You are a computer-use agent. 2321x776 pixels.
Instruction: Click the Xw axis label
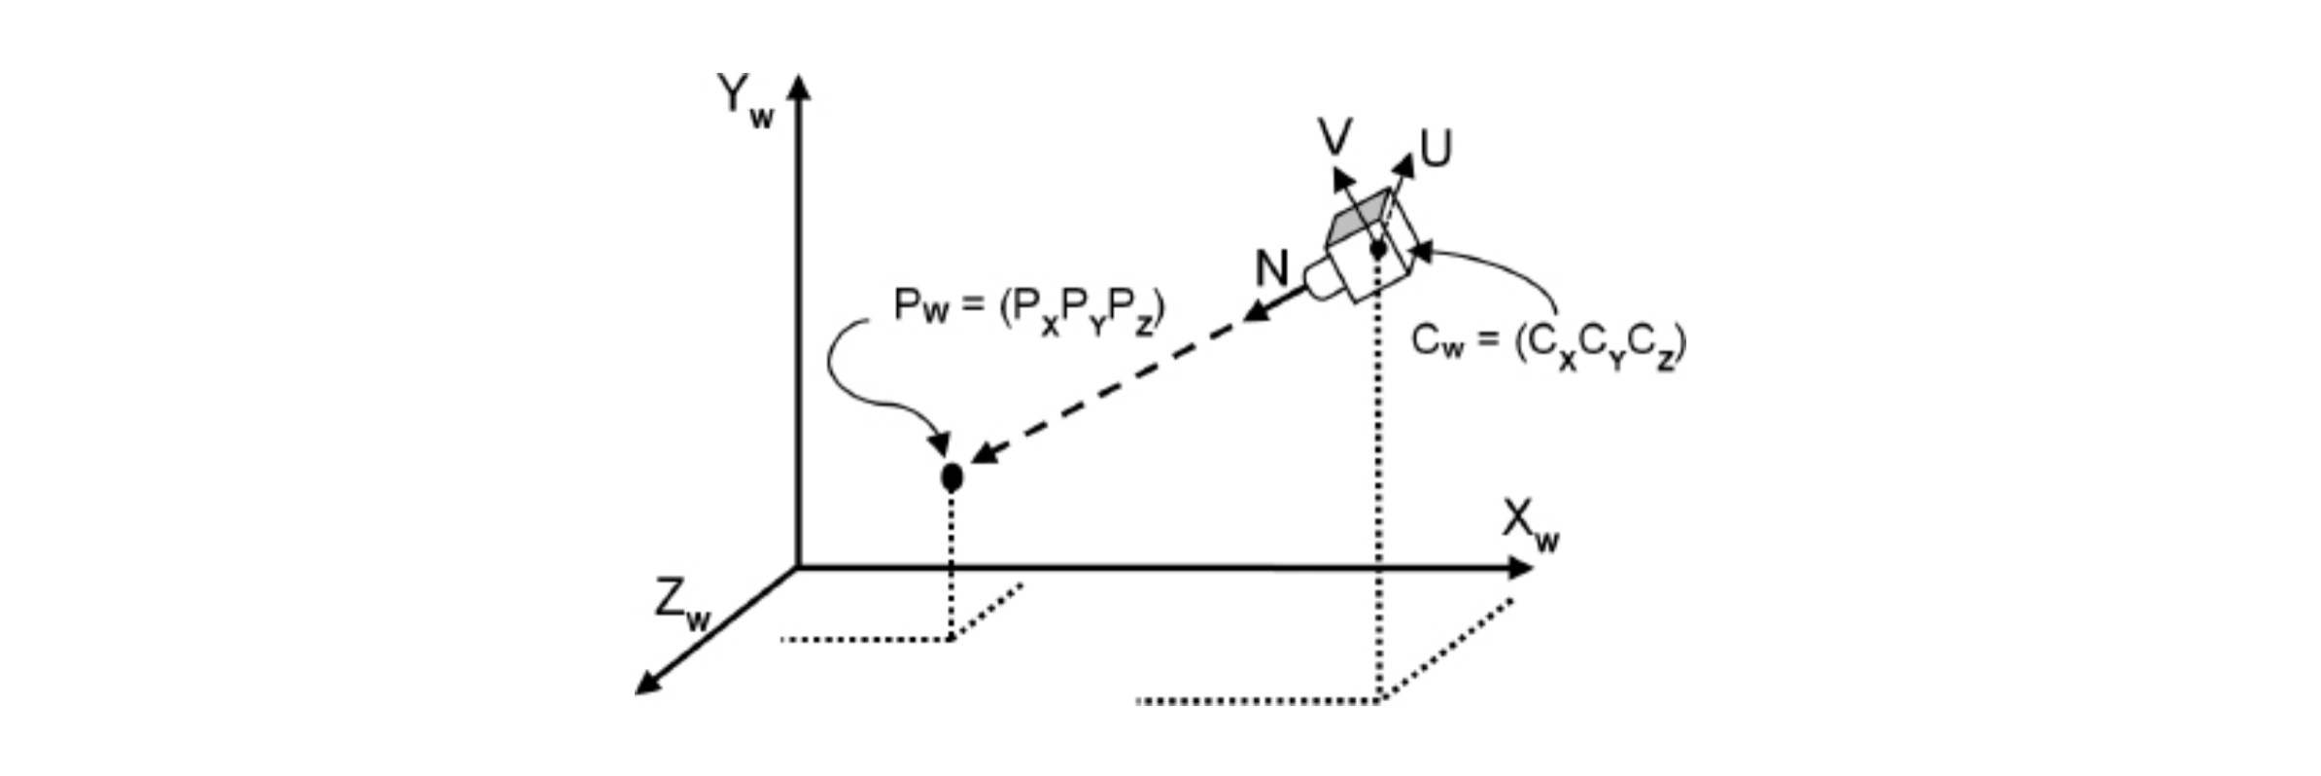point(1530,526)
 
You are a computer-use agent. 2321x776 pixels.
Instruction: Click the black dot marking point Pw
point(952,476)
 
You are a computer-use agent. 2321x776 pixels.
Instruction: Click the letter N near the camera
point(1271,268)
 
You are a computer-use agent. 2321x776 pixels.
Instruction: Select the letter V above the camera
point(1334,137)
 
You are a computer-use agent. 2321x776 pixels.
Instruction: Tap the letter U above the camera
point(1436,150)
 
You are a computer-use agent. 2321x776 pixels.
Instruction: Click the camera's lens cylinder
point(1322,279)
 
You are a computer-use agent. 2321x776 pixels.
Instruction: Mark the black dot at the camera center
point(1378,249)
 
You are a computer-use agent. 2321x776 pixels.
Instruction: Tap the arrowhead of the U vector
point(1404,164)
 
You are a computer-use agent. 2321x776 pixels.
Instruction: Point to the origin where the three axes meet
point(798,568)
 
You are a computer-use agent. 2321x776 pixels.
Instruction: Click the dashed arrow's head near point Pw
point(984,454)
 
